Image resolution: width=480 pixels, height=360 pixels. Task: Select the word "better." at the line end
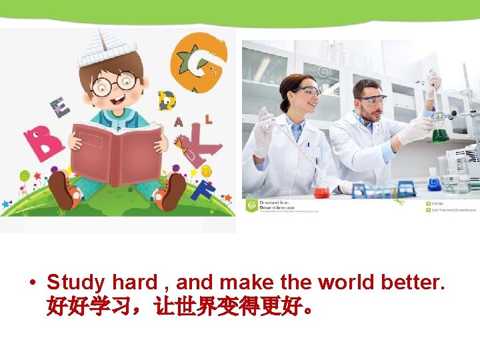point(413,283)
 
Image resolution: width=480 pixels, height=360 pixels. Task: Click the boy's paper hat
point(107,47)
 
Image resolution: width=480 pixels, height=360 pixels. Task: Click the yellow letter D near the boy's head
point(166,100)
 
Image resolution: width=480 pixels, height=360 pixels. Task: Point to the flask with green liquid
point(440,133)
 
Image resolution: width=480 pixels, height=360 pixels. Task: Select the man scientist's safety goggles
point(371,100)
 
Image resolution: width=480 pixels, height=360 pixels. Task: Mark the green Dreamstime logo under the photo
point(251,205)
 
